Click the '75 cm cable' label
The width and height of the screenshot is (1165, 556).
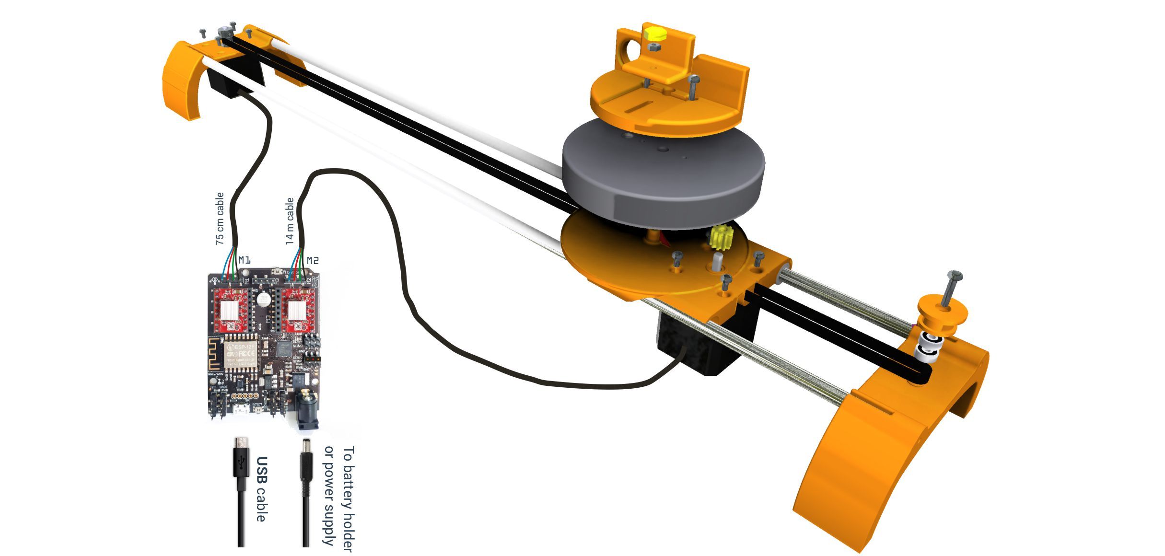pyautogui.click(x=220, y=219)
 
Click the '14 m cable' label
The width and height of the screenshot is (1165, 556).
pyautogui.click(x=290, y=221)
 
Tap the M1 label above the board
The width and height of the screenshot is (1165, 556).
pyautogui.click(x=244, y=260)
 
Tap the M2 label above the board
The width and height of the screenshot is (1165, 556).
pyautogui.click(x=312, y=260)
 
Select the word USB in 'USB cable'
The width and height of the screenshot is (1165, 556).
pyautogui.click(x=261, y=470)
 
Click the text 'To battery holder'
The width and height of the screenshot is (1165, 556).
pyautogui.click(x=349, y=499)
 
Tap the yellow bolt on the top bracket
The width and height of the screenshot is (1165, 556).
pyautogui.click(x=653, y=35)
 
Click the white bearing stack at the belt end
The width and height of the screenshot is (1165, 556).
pyautogui.click(x=929, y=349)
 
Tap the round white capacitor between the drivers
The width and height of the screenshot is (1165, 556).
pyautogui.click(x=263, y=300)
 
